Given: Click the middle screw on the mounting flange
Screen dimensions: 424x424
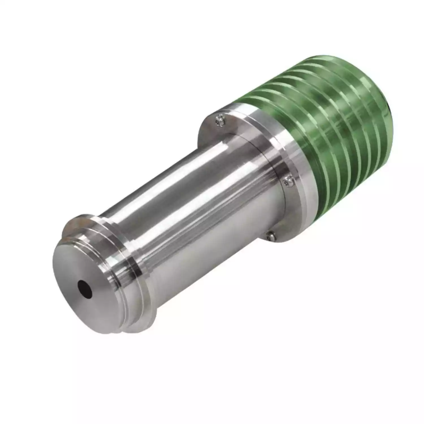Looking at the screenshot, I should click(288, 181).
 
